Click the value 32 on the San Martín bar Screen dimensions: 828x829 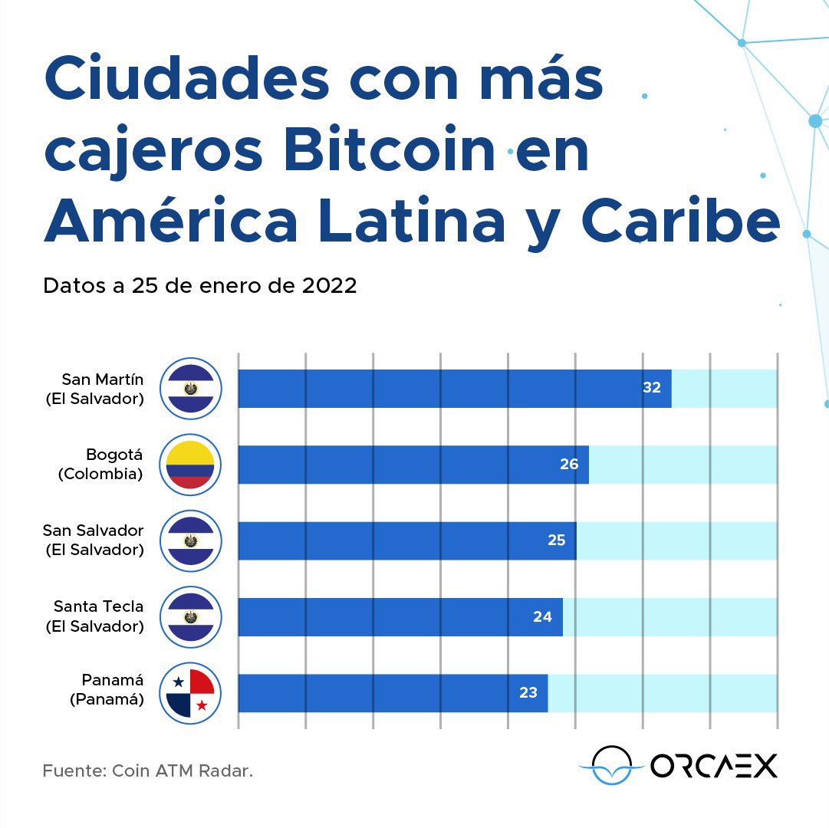(x=651, y=388)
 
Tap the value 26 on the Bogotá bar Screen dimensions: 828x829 (x=568, y=464)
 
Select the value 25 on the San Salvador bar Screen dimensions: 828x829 (x=556, y=540)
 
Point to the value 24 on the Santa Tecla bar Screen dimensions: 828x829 (x=542, y=616)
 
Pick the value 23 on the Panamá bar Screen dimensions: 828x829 (x=528, y=693)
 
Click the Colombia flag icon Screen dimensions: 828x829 (x=190, y=465)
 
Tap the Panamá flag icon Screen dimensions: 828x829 (x=190, y=693)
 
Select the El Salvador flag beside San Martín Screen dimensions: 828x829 (x=190, y=389)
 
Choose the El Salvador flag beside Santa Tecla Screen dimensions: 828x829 (x=190, y=616)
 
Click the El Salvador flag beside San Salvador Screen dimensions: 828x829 (x=190, y=540)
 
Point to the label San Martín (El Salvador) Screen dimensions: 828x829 (x=95, y=389)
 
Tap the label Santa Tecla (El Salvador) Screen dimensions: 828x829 (x=95, y=616)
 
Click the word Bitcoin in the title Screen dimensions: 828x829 (x=389, y=152)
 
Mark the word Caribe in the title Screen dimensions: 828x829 (x=680, y=222)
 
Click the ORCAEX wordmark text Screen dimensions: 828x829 (x=714, y=765)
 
